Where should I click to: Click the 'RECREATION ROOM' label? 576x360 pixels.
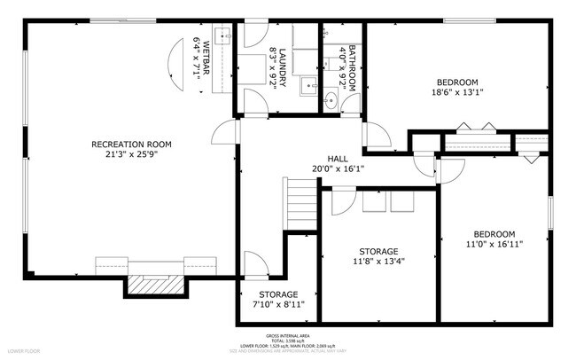pyautogui.click(x=132, y=144)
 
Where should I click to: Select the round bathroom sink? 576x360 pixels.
pyautogui.click(x=331, y=99)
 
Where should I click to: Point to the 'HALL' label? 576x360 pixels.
pyautogui.click(x=337, y=157)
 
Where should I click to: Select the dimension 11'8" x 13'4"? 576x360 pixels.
pyautogui.click(x=378, y=262)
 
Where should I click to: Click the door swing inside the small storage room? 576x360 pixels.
pyautogui.click(x=254, y=263)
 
